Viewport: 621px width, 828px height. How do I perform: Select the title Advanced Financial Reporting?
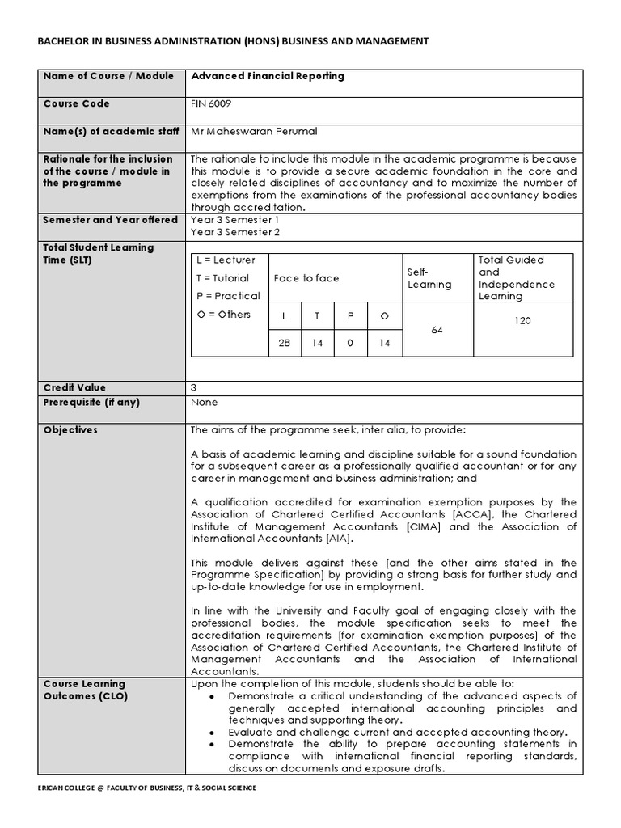267,76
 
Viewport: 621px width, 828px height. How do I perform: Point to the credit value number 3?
193,388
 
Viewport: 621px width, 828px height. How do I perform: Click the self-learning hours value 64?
437,330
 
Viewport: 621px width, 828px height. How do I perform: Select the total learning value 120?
522,321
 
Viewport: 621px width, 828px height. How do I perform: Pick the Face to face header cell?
306,278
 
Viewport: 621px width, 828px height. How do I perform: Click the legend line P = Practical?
228,296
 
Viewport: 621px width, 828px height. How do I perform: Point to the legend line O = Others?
223,315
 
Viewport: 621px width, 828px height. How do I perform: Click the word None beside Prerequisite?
204,402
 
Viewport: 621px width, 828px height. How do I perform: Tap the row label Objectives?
70,430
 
